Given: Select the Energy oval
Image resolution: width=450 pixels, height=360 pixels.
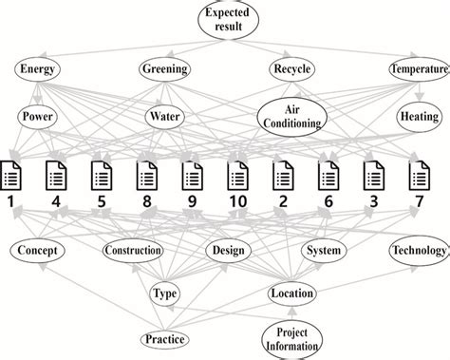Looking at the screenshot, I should (38, 69).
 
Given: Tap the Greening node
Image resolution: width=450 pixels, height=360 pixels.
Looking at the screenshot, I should (164, 69).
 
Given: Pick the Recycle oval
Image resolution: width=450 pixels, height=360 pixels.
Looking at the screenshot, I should (291, 69).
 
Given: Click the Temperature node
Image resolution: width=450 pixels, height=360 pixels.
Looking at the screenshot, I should (418, 69).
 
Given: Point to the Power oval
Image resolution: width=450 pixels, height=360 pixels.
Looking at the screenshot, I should (38, 117).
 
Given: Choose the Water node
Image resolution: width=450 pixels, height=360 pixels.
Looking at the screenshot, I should (164, 117).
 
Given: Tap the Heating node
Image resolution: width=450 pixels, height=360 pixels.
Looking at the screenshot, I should (418, 117).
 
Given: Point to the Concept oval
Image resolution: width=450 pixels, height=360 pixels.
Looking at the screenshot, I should (38, 251).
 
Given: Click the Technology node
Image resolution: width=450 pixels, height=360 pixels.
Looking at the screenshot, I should (418, 251).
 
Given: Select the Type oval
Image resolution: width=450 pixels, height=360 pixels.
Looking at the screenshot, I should (165, 294).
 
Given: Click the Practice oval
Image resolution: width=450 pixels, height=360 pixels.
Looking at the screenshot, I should (165, 338).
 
